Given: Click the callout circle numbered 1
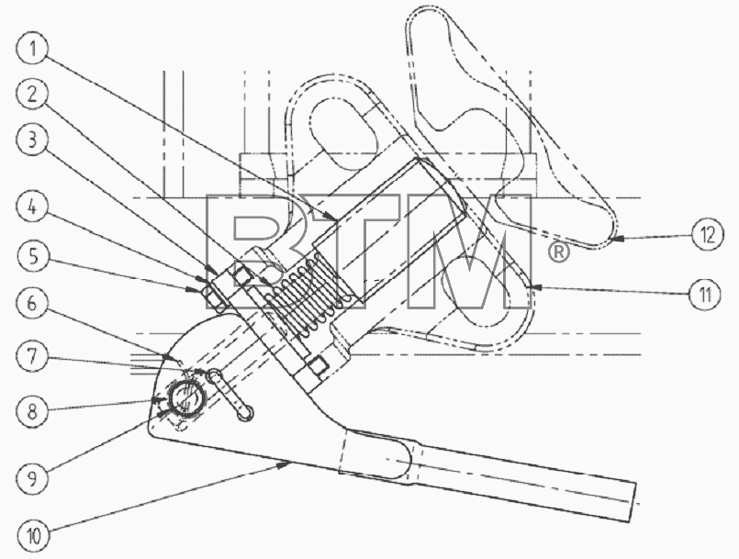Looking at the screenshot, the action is click(x=32, y=49).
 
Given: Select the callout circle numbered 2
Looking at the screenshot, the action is click(x=32, y=95).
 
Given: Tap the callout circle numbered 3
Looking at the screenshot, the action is click(x=32, y=140).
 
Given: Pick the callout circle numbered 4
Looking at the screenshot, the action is click(x=32, y=207).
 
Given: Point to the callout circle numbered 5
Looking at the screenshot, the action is click(x=32, y=257).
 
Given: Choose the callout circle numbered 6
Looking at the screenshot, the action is click(x=32, y=303).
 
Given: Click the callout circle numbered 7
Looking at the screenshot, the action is click(x=32, y=357).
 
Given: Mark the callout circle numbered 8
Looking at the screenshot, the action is click(x=32, y=411).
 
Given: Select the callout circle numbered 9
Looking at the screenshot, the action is click(x=32, y=478).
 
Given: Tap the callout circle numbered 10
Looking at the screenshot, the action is click(x=34, y=535).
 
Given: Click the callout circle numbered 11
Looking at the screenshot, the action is click(x=705, y=295).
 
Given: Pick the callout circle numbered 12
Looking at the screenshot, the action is click(x=708, y=234).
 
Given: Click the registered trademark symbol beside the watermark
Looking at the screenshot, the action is click(x=558, y=252).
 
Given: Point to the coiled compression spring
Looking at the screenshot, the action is click(x=308, y=295).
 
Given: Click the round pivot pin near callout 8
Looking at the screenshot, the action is click(x=186, y=397).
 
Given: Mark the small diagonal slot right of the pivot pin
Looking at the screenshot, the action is click(x=230, y=395).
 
